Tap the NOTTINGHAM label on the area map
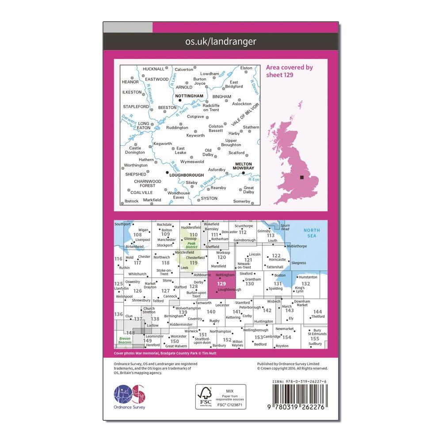pyautogui.click(x=189, y=95)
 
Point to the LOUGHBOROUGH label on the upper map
pyautogui.click(x=187, y=175)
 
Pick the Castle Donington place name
pyautogui.click(x=135, y=150)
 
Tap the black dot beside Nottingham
pyautogui.click(x=180, y=101)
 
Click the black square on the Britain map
pyautogui.click(x=302, y=177)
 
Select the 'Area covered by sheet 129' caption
pyautogui.click(x=290, y=71)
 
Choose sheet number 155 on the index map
pyautogui.click(x=315, y=338)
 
